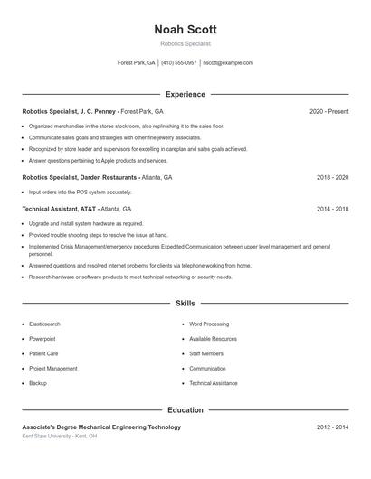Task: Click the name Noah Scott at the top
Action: point(185,29)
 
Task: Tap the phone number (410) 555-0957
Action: point(178,63)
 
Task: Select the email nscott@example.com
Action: point(228,63)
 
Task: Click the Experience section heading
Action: point(185,94)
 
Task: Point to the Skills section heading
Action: point(185,304)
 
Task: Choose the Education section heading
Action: point(185,410)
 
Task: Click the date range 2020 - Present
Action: point(328,111)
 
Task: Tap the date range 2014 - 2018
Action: point(332,209)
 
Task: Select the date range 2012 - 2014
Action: point(332,427)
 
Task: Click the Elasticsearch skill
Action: point(46,324)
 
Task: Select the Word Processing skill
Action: point(209,324)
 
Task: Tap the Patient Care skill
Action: point(43,353)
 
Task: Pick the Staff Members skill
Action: point(206,353)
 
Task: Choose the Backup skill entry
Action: point(38,383)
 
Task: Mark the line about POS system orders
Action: point(80,193)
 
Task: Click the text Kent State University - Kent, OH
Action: point(60,436)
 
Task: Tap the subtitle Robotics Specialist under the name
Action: point(185,43)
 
